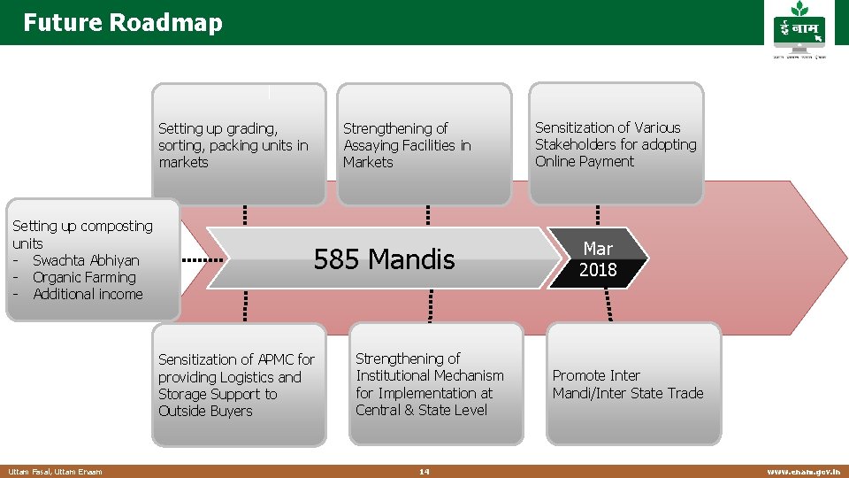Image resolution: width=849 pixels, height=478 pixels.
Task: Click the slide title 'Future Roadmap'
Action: (x=123, y=23)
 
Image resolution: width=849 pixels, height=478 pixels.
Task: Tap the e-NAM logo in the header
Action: (x=799, y=33)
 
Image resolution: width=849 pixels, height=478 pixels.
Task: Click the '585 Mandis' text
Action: (x=384, y=259)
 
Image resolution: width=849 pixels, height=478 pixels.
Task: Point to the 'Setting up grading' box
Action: (x=239, y=144)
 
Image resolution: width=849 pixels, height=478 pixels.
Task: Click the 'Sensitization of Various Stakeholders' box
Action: (x=616, y=144)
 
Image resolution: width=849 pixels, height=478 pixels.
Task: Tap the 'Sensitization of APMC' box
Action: (x=240, y=385)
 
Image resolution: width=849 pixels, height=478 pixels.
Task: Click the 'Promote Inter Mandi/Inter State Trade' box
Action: (x=633, y=384)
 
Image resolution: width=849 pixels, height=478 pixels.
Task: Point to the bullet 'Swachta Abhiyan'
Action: (x=86, y=260)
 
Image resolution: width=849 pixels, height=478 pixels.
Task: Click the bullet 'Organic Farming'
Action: (x=84, y=277)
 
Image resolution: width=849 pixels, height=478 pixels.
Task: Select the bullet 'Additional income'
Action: (x=88, y=294)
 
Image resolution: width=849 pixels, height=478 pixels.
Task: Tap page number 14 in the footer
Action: (x=424, y=472)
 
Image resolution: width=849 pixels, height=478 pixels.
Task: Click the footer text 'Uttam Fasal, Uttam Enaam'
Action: (x=55, y=472)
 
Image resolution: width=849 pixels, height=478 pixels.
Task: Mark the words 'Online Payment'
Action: (x=585, y=161)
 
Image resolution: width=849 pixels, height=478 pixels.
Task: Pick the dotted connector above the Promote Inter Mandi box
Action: (x=608, y=305)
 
